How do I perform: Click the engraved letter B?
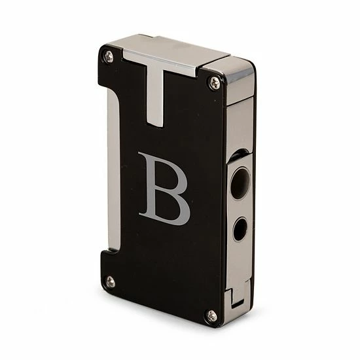[x=163, y=186]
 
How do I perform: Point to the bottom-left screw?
[x=110, y=281]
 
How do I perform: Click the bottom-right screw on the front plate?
[x=211, y=316]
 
